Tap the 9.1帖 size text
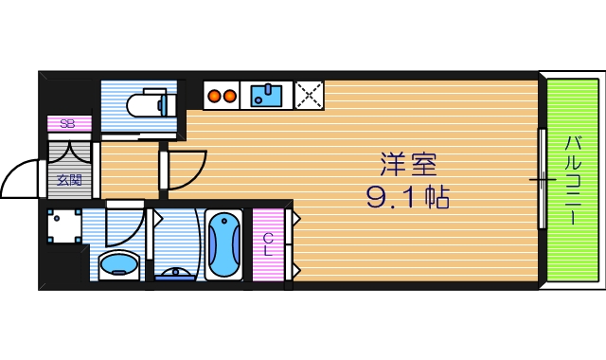click(407, 198)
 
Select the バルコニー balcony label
click(574, 180)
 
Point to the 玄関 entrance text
click(68, 179)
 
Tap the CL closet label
click(268, 243)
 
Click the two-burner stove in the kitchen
click(222, 95)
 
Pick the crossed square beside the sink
click(309, 95)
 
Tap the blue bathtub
click(223, 243)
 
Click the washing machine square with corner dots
click(63, 226)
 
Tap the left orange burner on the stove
click(213, 95)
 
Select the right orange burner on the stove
click(230, 95)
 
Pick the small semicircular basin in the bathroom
click(175, 274)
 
